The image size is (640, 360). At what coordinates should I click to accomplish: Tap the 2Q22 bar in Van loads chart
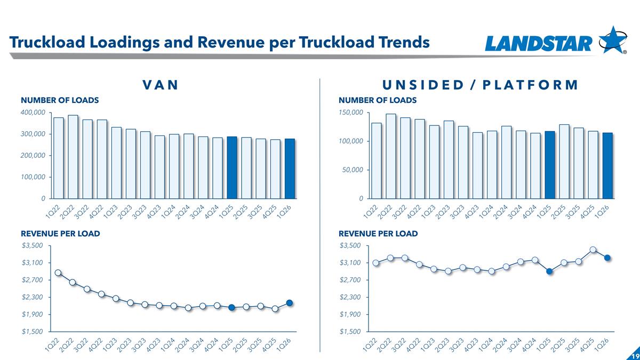pyautogui.click(x=73, y=157)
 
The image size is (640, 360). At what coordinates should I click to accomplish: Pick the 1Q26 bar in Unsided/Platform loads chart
pyautogui.click(x=607, y=166)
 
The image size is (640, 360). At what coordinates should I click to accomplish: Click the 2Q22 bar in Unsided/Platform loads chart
pyautogui.click(x=391, y=156)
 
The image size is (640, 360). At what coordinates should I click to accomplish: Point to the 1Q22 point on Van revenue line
pyautogui.click(x=58, y=273)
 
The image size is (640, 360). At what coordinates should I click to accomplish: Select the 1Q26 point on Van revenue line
pyautogui.click(x=290, y=303)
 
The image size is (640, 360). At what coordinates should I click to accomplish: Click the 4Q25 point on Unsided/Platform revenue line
pyautogui.click(x=593, y=250)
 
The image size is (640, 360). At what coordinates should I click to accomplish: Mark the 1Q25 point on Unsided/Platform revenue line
pyautogui.click(x=549, y=271)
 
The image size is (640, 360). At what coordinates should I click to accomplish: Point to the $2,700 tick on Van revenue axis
pyautogui.click(x=32, y=280)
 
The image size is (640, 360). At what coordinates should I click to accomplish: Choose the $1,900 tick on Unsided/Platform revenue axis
pyautogui.click(x=350, y=314)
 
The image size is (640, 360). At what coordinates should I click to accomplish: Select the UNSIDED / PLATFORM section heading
pyautogui.click(x=479, y=85)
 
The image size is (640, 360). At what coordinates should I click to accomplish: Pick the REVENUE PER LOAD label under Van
pyautogui.click(x=60, y=234)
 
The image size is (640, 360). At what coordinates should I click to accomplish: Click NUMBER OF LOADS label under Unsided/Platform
pyautogui.click(x=378, y=100)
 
